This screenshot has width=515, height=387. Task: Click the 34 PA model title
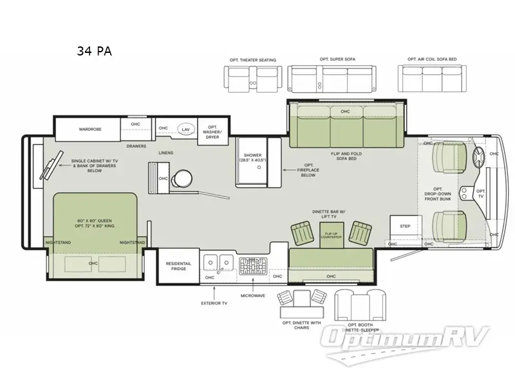[x=95, y=52]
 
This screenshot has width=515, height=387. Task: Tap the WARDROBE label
[x=90, y=129]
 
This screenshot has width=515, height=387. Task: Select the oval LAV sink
[x=185, y=129]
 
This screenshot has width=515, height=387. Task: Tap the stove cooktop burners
[x=253, y=265]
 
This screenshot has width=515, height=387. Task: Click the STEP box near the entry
[x=405, y=226]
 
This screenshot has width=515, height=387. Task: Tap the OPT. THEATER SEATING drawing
[x=252, y=78]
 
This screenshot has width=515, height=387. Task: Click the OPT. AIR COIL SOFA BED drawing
[x=432, y=79]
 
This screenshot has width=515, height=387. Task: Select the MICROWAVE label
[x=253, y=295]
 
